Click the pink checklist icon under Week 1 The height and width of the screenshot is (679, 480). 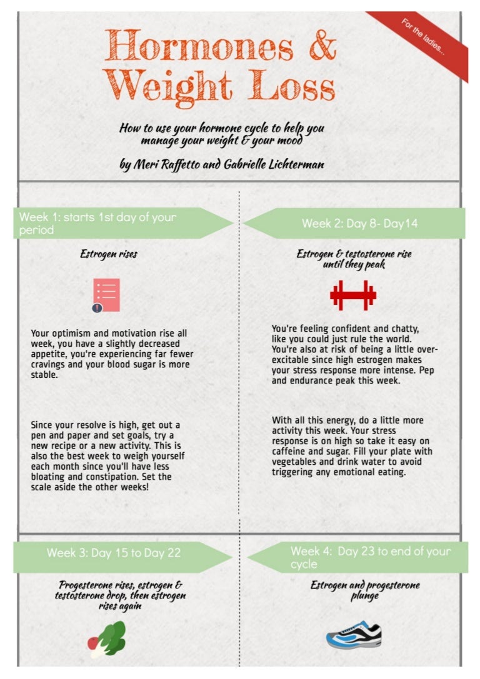pos(106,295)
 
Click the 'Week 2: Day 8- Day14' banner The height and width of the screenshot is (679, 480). pos(359,224)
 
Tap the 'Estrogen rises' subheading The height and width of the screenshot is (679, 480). pos(109,254)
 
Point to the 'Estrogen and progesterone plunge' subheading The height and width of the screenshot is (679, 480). pos(365,590)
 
